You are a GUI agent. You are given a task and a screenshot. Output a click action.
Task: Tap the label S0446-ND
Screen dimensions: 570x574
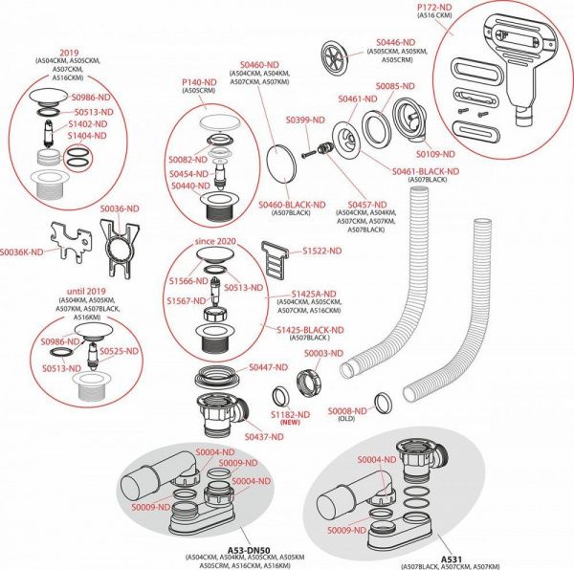395,42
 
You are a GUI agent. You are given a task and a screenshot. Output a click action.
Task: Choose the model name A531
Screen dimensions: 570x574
453,557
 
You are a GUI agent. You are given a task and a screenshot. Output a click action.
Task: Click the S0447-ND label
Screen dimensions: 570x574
268,367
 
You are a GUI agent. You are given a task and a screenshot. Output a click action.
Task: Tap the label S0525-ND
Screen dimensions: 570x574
120,351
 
